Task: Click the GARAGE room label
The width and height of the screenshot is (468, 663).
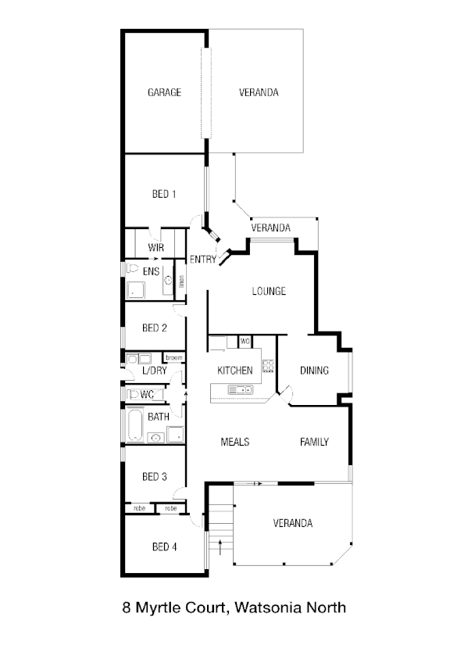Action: pos(164,92)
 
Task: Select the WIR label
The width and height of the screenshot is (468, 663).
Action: pos(155,249)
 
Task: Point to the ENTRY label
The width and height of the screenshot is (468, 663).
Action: pos(202,260)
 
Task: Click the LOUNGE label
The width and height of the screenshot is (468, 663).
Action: pos(268,292)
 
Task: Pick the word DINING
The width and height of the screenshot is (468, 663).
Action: pos(314,371)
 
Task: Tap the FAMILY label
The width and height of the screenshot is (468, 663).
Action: pos(314,442)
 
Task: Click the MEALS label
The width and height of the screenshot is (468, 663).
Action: pos(235,442)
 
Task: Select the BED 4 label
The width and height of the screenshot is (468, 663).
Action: pos(164,547)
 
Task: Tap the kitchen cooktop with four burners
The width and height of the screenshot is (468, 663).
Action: pos(268,365)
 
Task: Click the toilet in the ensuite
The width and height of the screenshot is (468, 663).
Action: pos(133,269)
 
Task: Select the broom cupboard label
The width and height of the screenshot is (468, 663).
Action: pos(173,358)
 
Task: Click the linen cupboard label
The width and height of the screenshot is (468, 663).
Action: pos(181,282)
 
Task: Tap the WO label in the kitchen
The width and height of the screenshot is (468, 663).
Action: pos(245,342)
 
